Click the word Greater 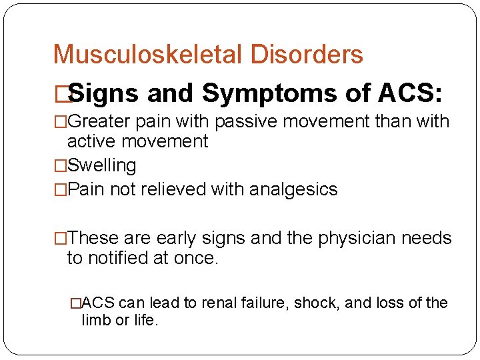click(x=99, y=122)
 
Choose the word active click(x=91, y=141)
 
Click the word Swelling click(x=102, y=165)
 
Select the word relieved click(x=173, y=189)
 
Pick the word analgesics click(x=293, y=189)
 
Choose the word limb click(x=95, y=320)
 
